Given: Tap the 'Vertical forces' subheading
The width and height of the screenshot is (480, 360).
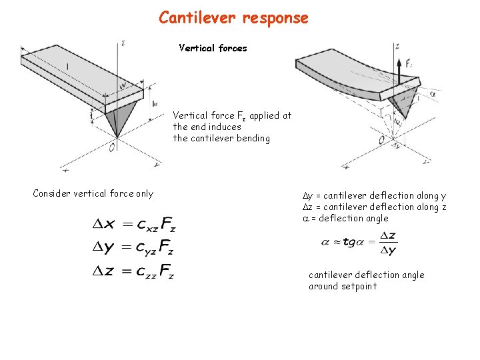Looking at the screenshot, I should (x=213, y=48).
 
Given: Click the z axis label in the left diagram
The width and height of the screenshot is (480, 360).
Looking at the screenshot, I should (x=123, y=43).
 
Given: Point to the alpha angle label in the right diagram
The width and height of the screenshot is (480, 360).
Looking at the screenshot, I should (x=433, y=95).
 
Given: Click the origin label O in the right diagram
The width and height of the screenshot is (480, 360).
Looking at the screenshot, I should (x=381, y=141).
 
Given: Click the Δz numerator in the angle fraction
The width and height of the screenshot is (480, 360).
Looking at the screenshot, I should (x=387, y=237).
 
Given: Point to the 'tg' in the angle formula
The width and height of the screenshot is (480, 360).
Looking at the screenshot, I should (x=349, y=243).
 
